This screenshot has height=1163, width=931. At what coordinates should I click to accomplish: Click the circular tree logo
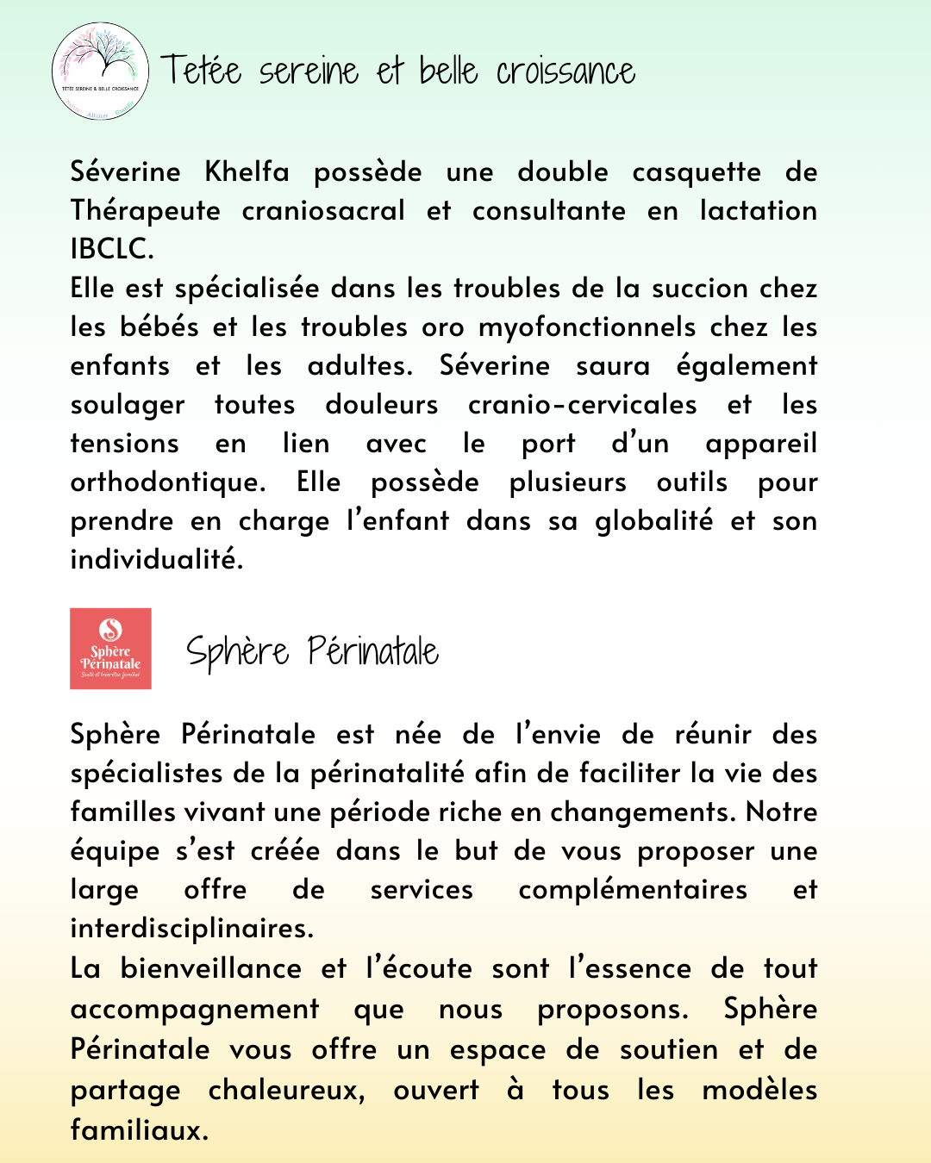[x=100, y=71]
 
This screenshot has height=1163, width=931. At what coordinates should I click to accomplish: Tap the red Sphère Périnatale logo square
[x=110, y=649]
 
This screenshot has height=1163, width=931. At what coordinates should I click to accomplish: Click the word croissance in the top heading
[x=565, y=72]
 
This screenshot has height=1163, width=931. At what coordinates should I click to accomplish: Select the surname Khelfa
[x=247, y=171]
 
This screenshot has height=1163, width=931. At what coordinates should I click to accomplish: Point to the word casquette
[x=697, y=172]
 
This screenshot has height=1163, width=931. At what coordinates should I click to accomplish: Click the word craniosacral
[x=323, y=210]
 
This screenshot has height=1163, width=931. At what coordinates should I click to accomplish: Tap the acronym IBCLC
[x=112, y=249]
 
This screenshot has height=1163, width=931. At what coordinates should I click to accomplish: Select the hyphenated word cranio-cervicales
[x=582, y=404]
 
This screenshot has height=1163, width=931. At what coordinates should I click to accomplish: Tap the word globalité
[x=654, y=521]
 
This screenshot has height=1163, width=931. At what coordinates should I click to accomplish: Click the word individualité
[x=157, y=559]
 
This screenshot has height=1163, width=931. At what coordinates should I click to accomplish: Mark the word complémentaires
[x=633, y=889]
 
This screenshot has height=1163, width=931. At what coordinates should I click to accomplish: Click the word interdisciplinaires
[x=192, y=929]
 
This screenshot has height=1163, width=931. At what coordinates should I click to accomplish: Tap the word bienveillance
[x=211, y=968]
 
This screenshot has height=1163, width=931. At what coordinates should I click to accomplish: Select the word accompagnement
[x=195, y=1010]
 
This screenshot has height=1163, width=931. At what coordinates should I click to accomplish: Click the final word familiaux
[x=140, y=1129]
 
